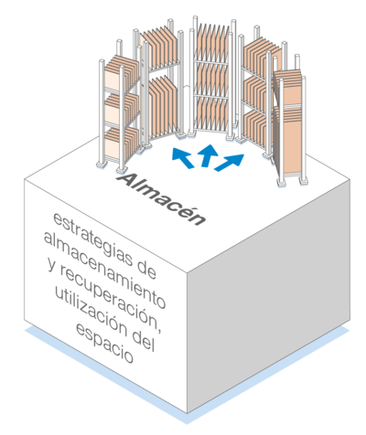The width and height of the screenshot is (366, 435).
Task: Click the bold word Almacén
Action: click(161, 199)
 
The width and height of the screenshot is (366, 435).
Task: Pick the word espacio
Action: click(104, 343)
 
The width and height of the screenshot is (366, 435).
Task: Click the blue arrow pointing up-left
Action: click(182, 157)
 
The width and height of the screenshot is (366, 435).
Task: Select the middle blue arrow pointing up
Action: click(209, 155)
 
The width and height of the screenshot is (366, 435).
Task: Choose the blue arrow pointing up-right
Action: click(230, 162)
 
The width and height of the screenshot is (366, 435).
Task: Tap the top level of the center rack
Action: click(211, 43)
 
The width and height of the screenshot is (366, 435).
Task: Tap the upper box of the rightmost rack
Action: click(289, 88)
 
